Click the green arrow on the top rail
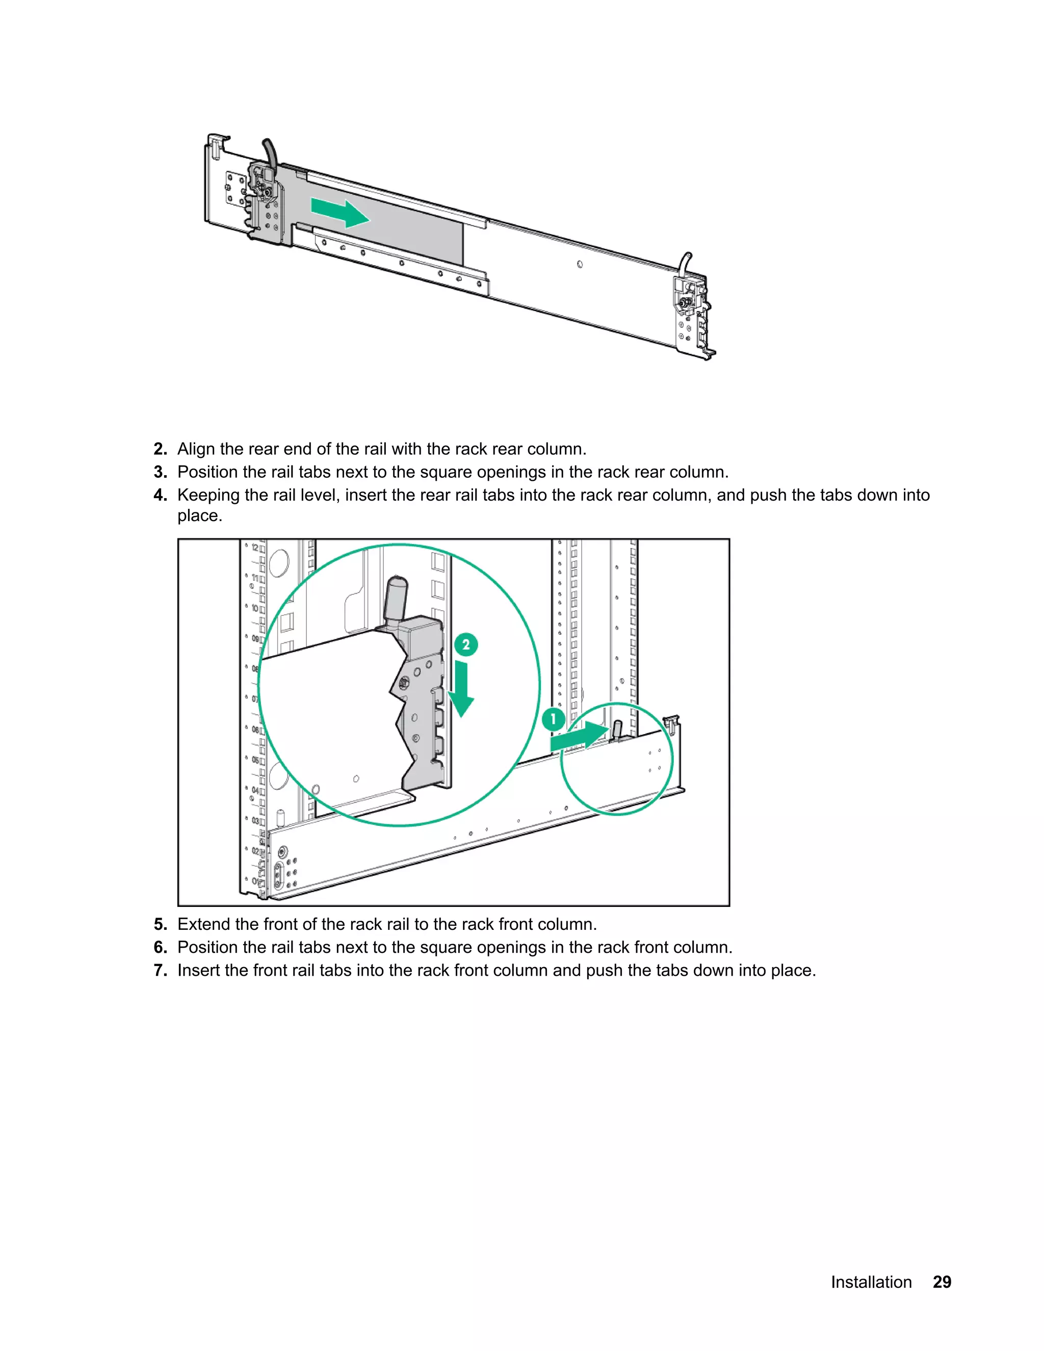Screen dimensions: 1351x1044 (340, 213)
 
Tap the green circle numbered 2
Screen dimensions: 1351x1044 (466, 644)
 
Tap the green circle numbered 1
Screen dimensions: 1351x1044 (553, 719)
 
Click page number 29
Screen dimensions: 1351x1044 (942, 1282)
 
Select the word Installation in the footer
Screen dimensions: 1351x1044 (871, 1282)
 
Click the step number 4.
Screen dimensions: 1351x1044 (160, 495)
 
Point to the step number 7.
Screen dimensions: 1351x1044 (160, 970)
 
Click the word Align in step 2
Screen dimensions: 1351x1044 (196, 449)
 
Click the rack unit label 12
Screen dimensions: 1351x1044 (255, 548)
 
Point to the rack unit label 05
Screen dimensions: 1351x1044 (255, 760)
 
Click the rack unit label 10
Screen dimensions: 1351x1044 (255, 608)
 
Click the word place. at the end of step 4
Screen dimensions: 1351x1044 (200, 516)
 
